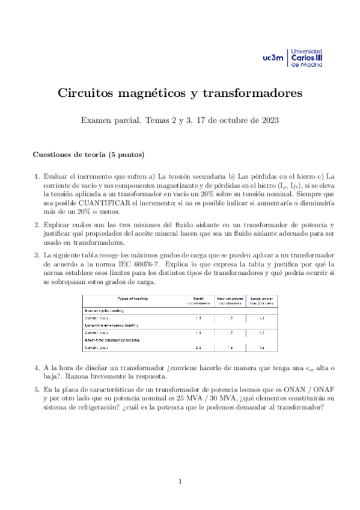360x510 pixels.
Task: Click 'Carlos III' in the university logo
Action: (x=307, y=58)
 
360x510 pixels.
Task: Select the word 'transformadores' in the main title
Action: (x=252, y=94)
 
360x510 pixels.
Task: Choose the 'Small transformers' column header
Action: (x=198, y=301)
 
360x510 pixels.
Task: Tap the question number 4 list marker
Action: (x=36, y=367)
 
